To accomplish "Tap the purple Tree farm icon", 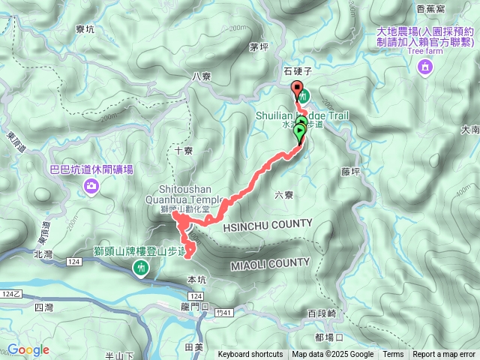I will [426, 68].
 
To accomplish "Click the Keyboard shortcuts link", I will [250, 355].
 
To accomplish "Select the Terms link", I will [393, 355].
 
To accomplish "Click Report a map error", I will [445, 355].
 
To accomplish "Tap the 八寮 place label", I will [202, 76].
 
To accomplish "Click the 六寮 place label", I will [283, 194].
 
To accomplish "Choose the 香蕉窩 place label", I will [430, 8].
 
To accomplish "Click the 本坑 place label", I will [196, 280].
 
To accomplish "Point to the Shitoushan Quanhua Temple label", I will [190, 194].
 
